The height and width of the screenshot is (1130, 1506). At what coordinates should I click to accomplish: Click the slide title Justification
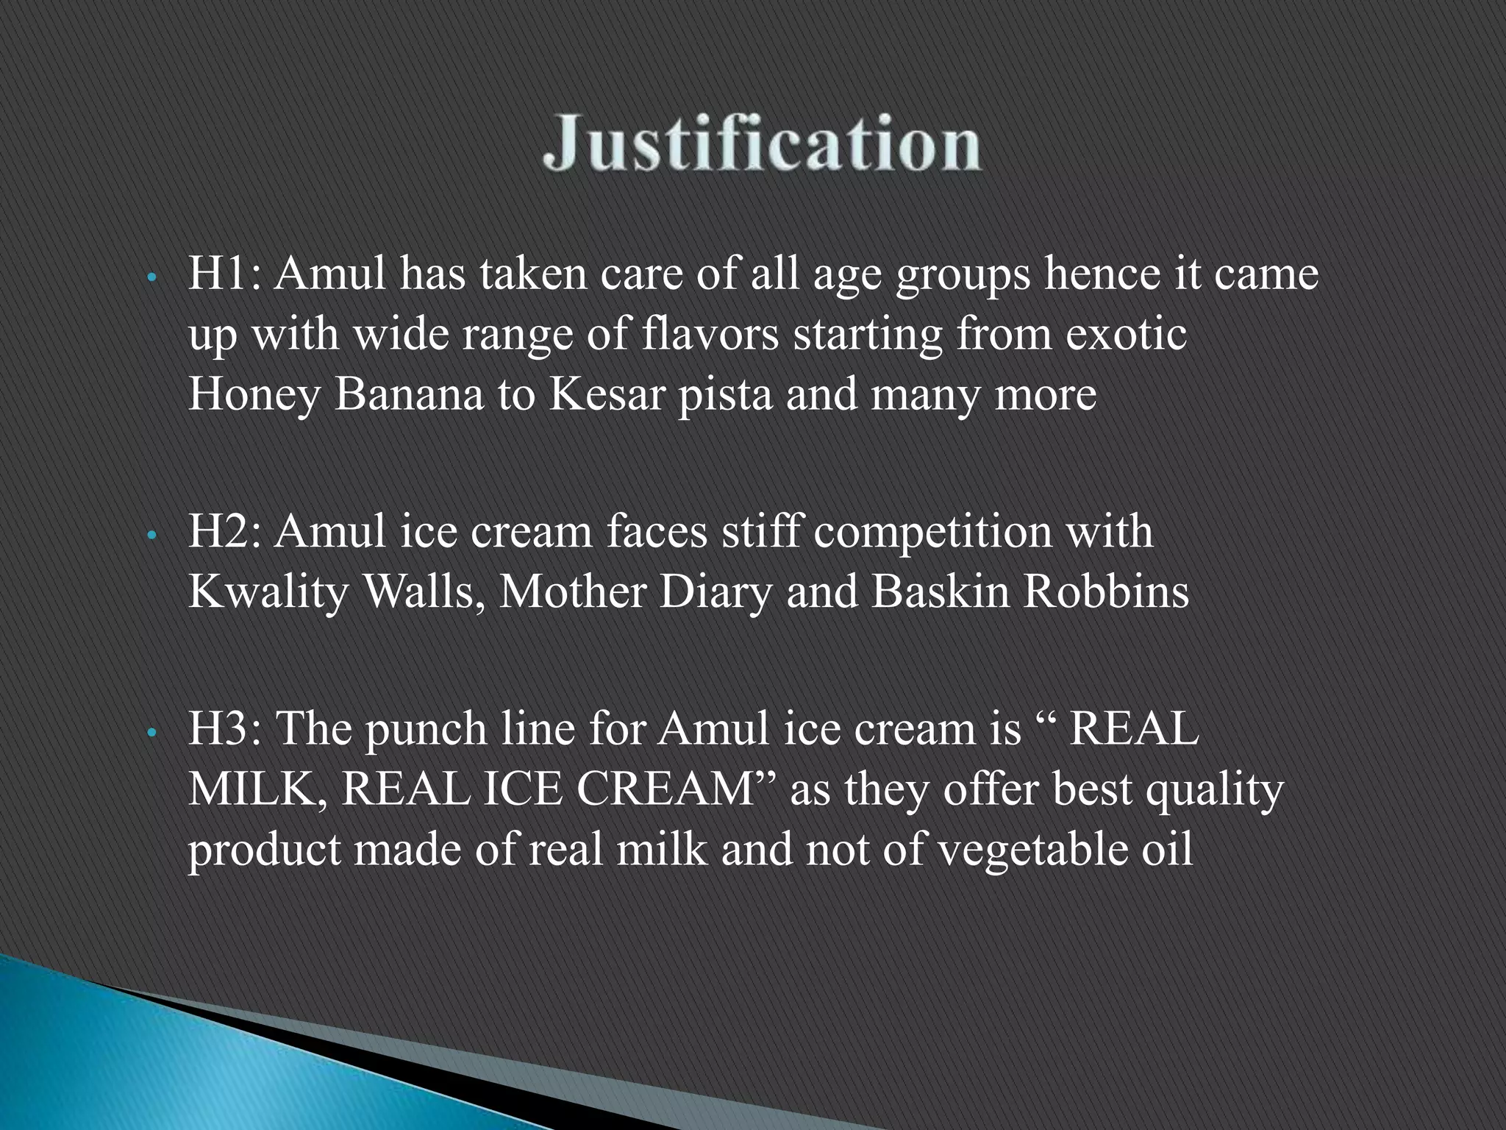click(761, 143)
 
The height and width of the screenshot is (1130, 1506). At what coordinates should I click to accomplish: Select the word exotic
click(1126, 335)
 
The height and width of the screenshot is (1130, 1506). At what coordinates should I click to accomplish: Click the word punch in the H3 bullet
click(426, 730)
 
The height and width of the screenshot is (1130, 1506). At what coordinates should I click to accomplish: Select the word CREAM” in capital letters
click(676, 789)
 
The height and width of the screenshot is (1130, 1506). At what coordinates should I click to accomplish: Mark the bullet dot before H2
click(150, 536)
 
